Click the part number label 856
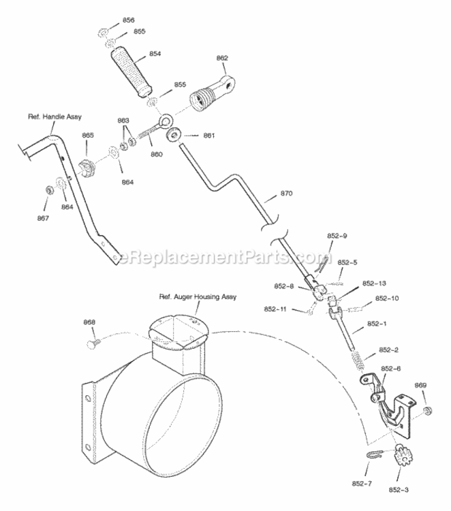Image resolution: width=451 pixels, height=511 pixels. pyautogui.click(x=128, y=20)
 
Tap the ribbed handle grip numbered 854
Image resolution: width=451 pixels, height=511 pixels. pyautogui.click(x=131, y=73)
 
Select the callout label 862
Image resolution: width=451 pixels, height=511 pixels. pyautogui.click(x=222, y=58)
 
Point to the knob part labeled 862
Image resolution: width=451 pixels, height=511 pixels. pyautogui.click(x=212, y=93)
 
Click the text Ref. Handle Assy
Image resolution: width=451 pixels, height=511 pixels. pyautogui.click(x=55, y=117)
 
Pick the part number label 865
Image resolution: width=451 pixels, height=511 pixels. pyautogui.click(x=88, y=136)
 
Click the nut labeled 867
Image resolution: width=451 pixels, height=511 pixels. pyautogui.click(x=49, y=189)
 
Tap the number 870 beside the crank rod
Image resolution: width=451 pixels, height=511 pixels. pyautogui.click(x=286, y=193)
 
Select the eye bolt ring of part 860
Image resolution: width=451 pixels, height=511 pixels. pyautogui.click(x=166, y=121)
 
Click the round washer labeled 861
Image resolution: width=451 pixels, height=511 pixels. pyautogui.click(x=174, y=134)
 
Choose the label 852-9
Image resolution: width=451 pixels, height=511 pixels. pyautogui.click(x=337, y=236)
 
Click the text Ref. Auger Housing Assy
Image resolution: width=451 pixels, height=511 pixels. pyautogui.click(x=198, y=297)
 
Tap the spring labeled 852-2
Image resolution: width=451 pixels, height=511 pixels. pyautogui.click(x=358, y=360)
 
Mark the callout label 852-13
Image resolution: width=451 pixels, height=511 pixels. pyautogui.click(x=374, y=283)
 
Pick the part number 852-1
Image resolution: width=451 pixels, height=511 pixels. pyautogui.click(x=377, y=324)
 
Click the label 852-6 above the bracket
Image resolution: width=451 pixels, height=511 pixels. pyautogui.click(x=391, y=369)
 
